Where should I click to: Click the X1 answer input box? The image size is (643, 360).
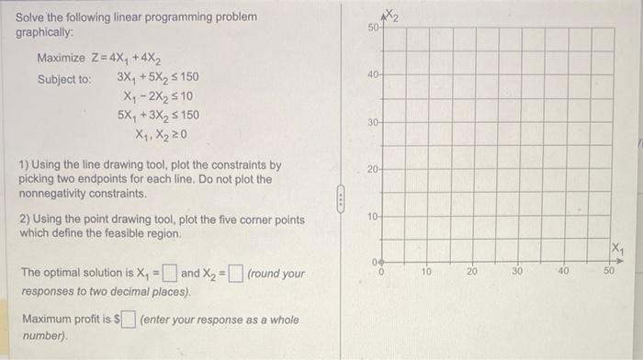(x=170, y=273)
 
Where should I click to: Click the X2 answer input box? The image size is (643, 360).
(x=236, y=273)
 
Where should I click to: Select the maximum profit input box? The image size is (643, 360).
(x=130, y=319)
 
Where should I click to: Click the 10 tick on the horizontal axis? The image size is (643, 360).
(x=426, y=273)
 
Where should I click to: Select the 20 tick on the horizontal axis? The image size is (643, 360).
(x=472, y=273)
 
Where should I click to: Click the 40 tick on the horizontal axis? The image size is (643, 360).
(x=565, y=273)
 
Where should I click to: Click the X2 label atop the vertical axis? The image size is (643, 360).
(x=393, y=14)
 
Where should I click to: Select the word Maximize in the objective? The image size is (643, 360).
(x=61, y=59)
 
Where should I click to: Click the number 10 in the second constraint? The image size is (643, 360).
(x=186, y=96)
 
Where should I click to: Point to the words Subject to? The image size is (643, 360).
(x=63, y=79)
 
